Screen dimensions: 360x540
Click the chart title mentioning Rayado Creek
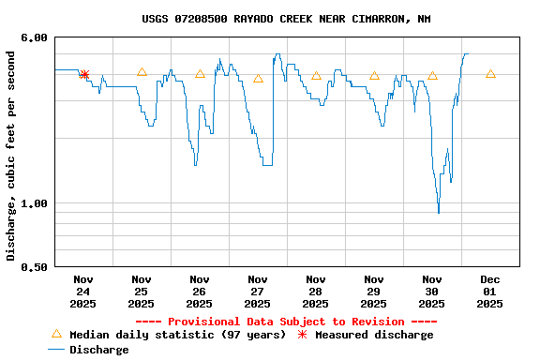(286, 19)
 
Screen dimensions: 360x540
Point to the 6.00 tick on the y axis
(34, 37)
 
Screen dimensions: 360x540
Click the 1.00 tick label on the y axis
(34, 203)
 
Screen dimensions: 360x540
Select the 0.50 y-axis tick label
(34, 267)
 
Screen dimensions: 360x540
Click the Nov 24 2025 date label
(83, 291)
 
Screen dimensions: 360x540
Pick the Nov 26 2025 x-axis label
(200, 291)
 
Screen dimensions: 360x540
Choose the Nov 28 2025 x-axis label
(316, 291)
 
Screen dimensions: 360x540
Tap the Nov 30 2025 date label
(432, 291)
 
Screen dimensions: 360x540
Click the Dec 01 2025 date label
(490, 291)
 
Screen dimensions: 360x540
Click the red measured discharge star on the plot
(84, 75)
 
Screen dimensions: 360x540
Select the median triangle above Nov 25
(142, 72)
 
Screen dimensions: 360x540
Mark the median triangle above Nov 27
(258, 78)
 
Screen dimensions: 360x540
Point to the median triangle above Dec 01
(490, 73)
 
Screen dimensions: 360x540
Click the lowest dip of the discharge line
(438, 212)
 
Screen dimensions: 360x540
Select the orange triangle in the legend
(55, 334)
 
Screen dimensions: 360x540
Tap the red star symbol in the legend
(302, 335)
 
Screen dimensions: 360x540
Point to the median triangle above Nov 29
(374, 76)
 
